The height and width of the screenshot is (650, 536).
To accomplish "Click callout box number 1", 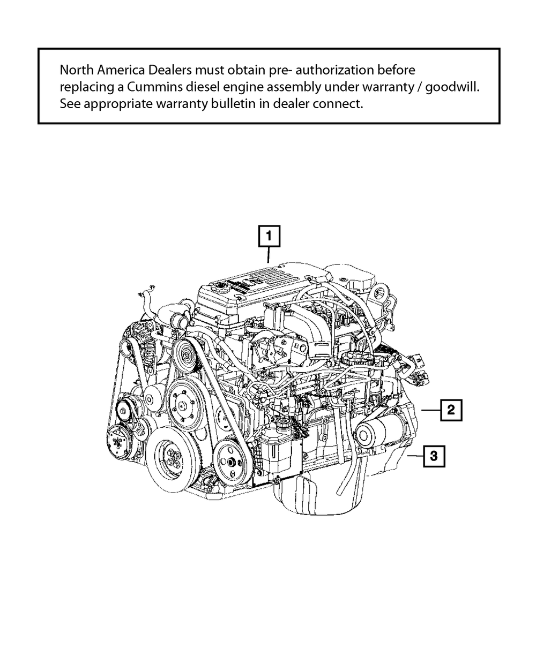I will point(269,236).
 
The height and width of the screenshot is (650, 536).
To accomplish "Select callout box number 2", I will point(451,410).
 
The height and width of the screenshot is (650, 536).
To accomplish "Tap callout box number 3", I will point(434,456).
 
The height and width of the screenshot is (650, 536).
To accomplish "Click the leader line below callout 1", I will point(269,254).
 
